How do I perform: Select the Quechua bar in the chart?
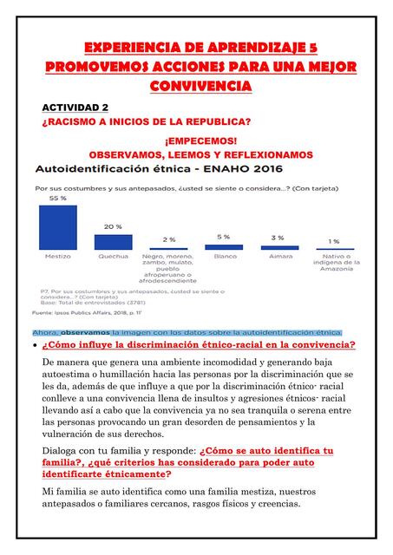point(113,242)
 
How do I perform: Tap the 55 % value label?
point(57,199)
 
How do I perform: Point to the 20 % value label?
point(113,226)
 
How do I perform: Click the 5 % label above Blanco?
point(223,237)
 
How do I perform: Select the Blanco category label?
point(225,257)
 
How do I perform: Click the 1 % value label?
point(333,241)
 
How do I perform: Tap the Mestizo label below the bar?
point(58,257)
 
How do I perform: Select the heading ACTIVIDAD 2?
point(75,107)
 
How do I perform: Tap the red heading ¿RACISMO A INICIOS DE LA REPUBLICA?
point(147,122)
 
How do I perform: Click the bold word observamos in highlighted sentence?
point(85,331)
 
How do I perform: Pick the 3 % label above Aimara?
point(278,238)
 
